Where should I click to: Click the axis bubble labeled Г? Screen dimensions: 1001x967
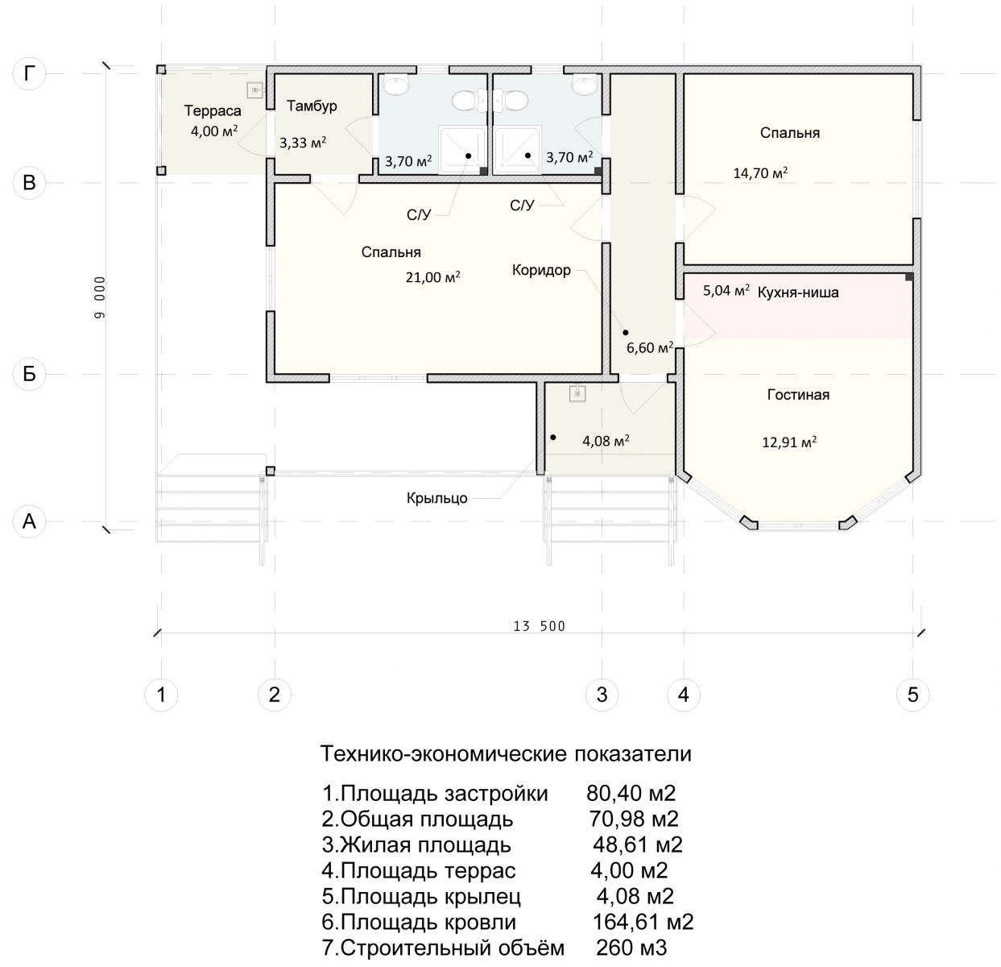point(29,73)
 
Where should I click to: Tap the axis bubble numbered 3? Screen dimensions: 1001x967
point(602,695)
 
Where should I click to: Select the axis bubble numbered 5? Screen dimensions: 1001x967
point(912,695)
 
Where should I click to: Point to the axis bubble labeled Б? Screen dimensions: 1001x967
point(29,374)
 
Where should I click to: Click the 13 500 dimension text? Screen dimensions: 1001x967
point(539,626)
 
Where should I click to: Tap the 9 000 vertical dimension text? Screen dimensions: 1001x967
point(100,297)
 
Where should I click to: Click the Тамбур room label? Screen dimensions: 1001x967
point(312,106)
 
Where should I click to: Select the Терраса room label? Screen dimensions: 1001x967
point(213,110)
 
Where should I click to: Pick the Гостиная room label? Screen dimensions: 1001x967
point(798,395)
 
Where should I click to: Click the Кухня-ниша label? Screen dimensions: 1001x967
point(798,293)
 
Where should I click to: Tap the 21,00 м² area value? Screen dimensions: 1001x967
point(432,277)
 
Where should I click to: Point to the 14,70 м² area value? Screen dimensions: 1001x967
point(760,173)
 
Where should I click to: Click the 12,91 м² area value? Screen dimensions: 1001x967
point(789,442)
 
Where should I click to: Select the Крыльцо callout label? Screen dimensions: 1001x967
point(436,498)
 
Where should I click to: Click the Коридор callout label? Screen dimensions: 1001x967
point(541,270)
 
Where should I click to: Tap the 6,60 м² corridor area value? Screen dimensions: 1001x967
point(650,348)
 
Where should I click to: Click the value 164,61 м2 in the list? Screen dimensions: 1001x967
point(643,922)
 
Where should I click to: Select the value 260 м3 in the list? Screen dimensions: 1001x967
point(631,948)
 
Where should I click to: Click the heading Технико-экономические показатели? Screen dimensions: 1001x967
point(506,753)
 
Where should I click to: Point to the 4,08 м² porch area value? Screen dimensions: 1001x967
point(606,441)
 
